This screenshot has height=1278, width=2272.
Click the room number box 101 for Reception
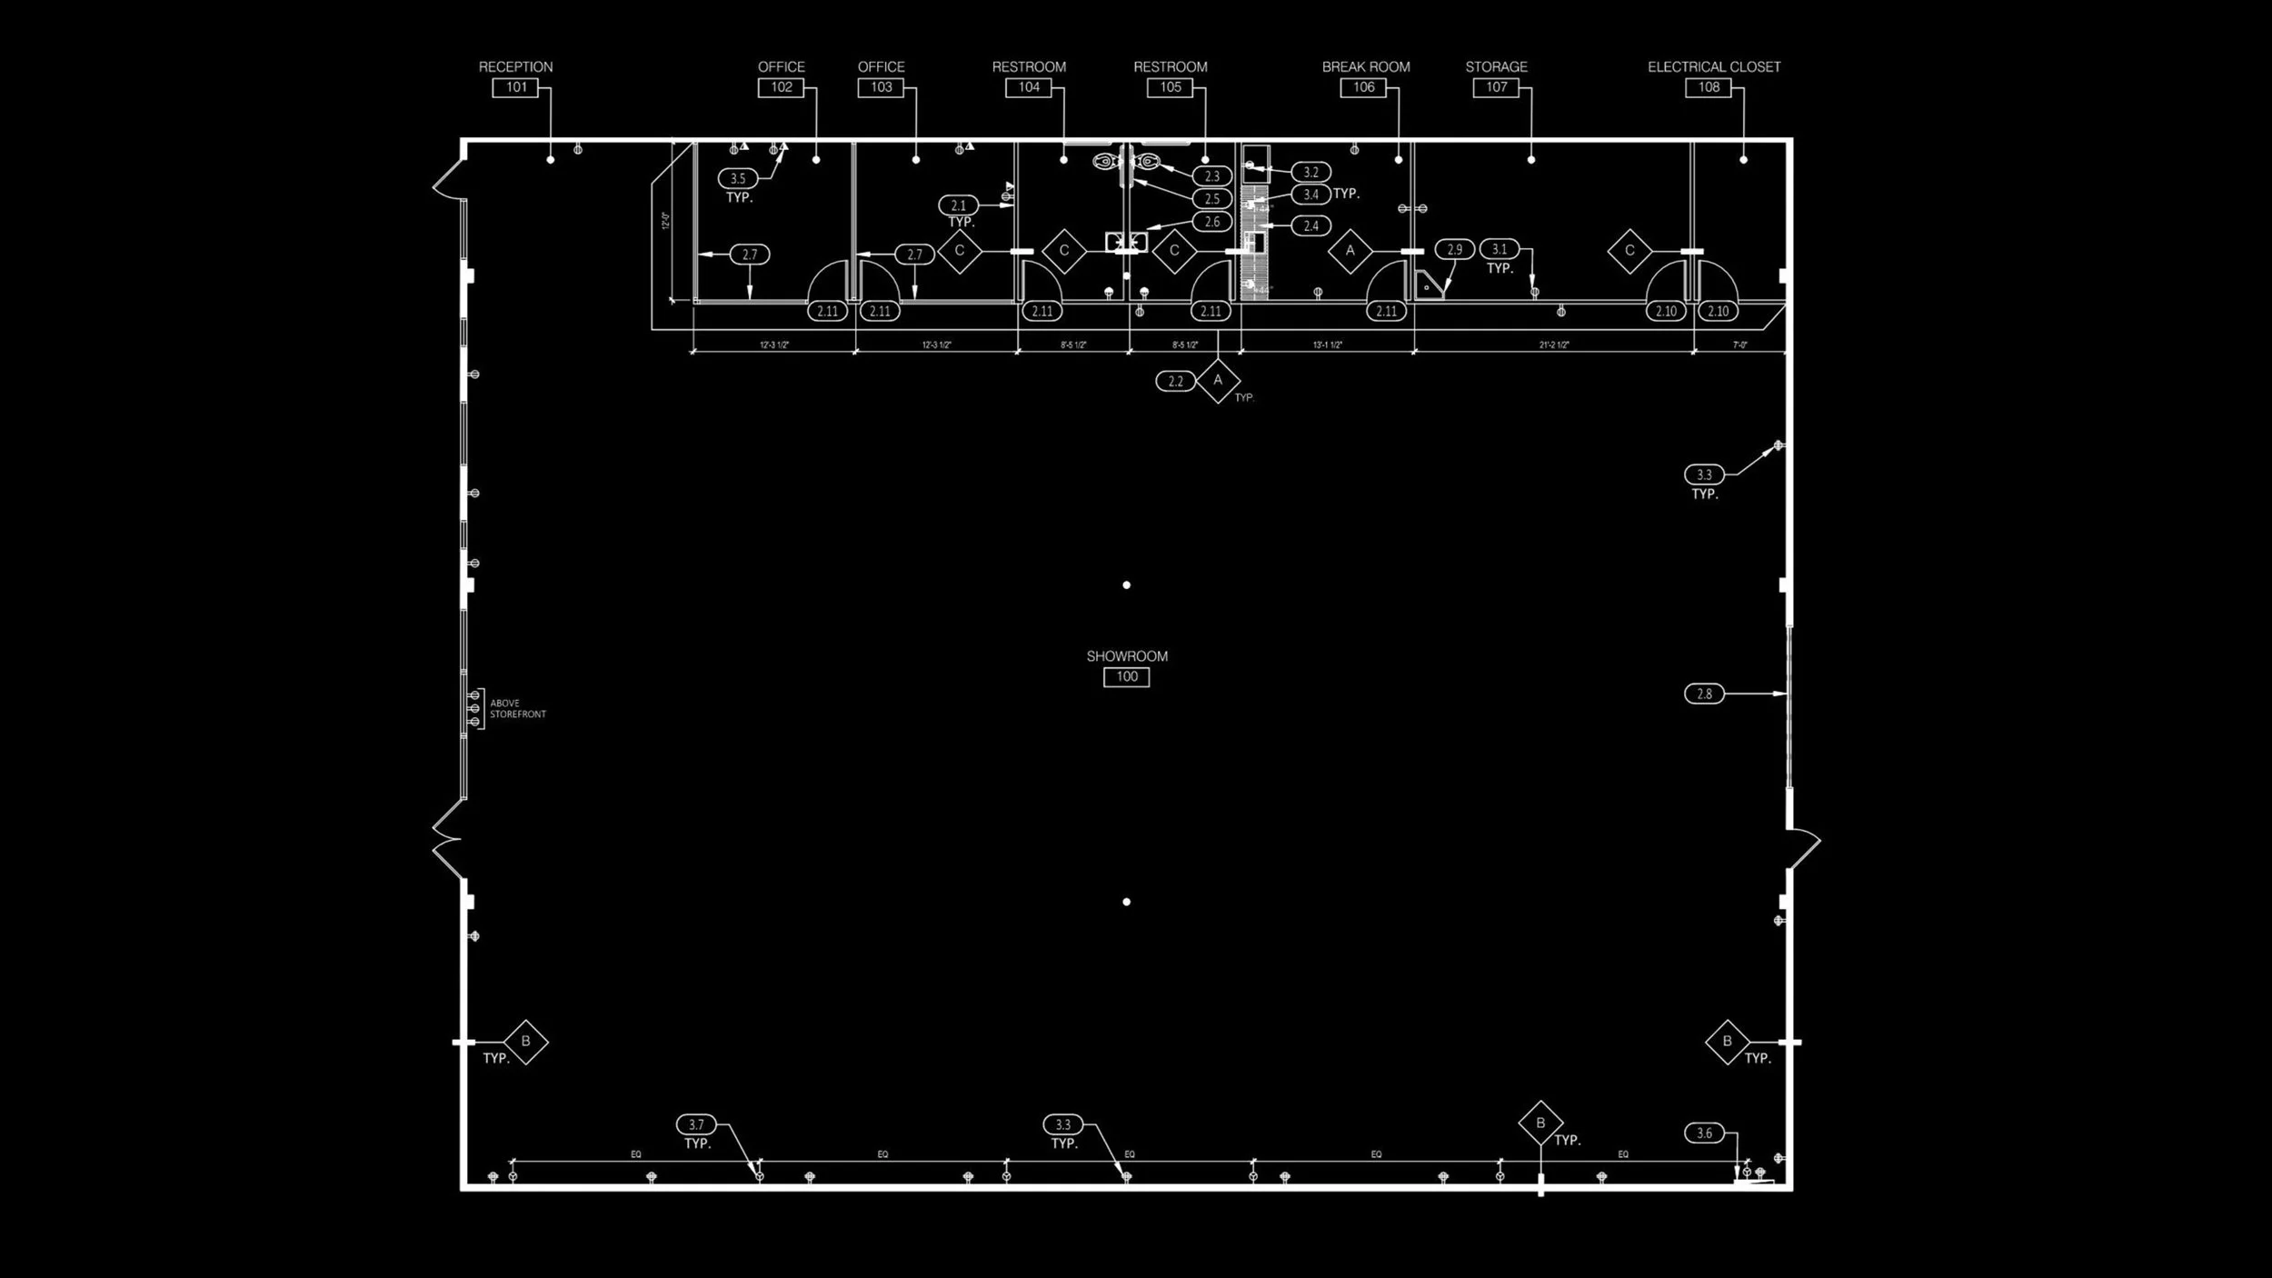pyautogui.click(x=515, y=87)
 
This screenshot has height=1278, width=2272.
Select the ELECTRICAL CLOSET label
pyautogui.click(x=1713, y=66)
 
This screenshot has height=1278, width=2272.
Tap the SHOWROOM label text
pyautogui.click(x=1127, y=655)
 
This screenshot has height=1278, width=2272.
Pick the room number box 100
pyautogui.click(x=1126, y=676)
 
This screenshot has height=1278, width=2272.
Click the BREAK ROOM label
pyautogui.click(x=1365, y=66)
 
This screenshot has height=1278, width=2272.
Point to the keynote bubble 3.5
pyautogui.click(x=737, y=178)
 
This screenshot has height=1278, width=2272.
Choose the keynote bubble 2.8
pyautogui.click(x=1703, y=694)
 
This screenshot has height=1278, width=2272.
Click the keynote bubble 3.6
pyautogui.click(x=1703, y=1133)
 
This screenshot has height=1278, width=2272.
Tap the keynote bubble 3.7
pyautogui.click(x=696, y=1124)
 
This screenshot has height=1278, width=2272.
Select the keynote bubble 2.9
pyautogui.click(x=1454, y=249)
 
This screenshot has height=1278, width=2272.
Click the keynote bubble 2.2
pyautogui.click(x=1175, y=381)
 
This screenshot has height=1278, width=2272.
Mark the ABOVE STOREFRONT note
pyautogui.click(x=517, y=708)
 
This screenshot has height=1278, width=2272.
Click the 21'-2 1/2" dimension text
pyautogui.click(x=1553, y=345)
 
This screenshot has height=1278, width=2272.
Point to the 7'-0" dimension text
pyautogui.click(x=1739, y=345)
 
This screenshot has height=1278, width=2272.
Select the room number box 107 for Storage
pyautogui.click(x=1496, y=87)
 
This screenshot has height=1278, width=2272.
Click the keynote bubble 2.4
pyautogui.click(x=1310, y=225)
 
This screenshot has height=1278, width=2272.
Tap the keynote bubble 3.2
pyautogui.click(x=1310, y=172)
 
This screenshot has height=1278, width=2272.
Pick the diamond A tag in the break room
pyautogui.click(x=1350, y=251)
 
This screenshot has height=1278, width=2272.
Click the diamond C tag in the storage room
pyautogui.click(x=1629, y=251)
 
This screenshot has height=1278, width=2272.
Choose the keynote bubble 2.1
pyautogui.click(x=958, y=205)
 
